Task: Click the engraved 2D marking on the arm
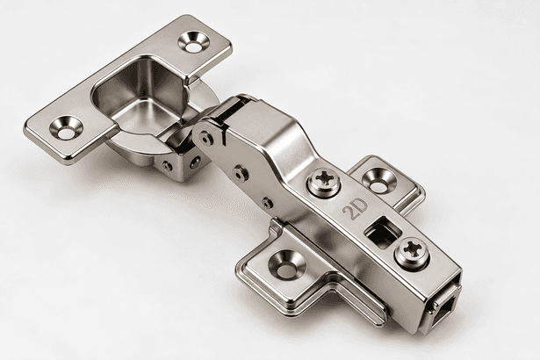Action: (355, 209)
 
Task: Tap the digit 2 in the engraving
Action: (349, 212)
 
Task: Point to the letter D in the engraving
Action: (361, 205)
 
